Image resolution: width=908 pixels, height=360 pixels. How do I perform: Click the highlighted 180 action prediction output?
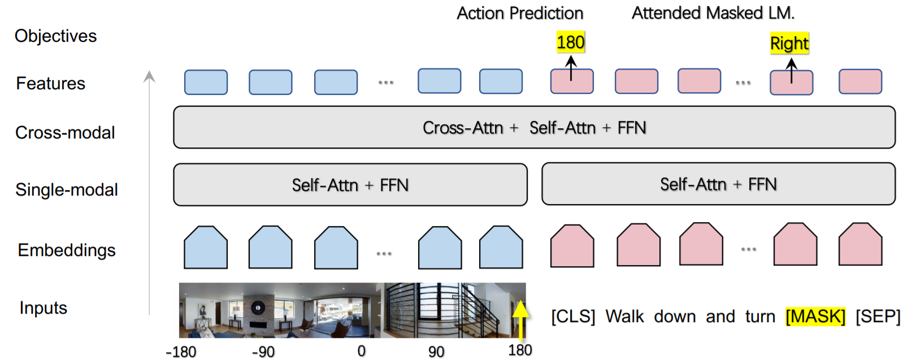tap(570, 42)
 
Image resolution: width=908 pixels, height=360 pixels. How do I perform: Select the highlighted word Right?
tap(789, 44)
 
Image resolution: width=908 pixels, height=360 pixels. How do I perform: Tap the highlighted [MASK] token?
tap(815, 316)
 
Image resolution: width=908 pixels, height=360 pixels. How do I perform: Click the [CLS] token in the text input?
tap(573, 316)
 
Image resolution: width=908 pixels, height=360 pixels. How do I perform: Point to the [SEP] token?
tap(877, 316)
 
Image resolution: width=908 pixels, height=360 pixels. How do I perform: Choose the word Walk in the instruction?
tap(624, 316)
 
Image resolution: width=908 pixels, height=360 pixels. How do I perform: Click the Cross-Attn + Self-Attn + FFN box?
tap(534, 128)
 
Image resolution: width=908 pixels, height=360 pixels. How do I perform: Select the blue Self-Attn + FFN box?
tap(350, 185)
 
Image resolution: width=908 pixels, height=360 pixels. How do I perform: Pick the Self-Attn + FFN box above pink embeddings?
tap(718, 184)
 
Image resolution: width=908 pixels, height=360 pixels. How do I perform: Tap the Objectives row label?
tap(55, 36)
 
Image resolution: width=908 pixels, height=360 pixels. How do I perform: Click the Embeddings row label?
tap(67, 250)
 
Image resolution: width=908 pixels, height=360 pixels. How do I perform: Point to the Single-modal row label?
tap(67, 190)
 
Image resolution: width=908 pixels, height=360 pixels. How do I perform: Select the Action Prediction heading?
tap(520, 13)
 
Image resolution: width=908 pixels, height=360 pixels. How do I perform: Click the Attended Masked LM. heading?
tap(713, 13)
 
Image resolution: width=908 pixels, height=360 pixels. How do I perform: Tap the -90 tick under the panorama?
tap(263, 352)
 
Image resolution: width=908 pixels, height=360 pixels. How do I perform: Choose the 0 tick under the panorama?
tap(362, 351)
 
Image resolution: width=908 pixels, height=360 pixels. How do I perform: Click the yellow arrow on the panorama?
tap(520, 319)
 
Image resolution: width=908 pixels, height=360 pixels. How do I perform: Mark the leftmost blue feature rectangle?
tap(206, 83)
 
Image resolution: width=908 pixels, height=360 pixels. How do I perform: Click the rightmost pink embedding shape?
tap(860, 245)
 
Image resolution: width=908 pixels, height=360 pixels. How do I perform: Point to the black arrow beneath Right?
tap(792, 71)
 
